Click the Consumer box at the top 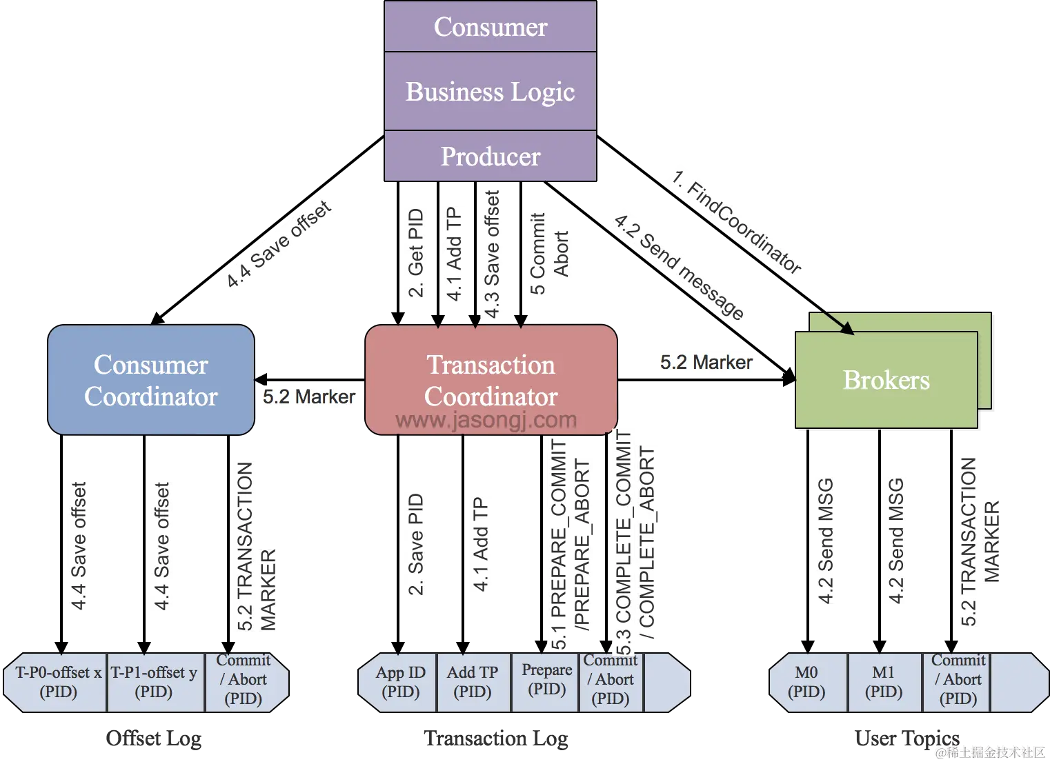pyautogui.click(x=490, y=26)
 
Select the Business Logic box pyautogui.click(x=490, y=91)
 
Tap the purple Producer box pyautogui.click(x=490, y=157)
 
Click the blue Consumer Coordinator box pyautogui.click(x=151, y=380)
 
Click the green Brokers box pyautogui.click(x=886, y=380)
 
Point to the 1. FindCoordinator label pyautogui.click(x=737, y=220)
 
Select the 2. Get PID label pyautogui.click(x=416, y=252)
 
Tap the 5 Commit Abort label pyautogui.click(x=549, y=253)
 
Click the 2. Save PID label pyautogui.click(x=416, y=543)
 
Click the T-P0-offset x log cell pyautogui.click(x=59, y=682)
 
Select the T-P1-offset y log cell pyautogui.click(x=154, y=682)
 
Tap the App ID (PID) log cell pyautogui.click(x=401, y=682)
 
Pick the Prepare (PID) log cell pyautogui.click(x=546, y=679)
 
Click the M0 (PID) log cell pyautogui.click(x=806, y=682)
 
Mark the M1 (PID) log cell pyautogui.click(x=883, y=682)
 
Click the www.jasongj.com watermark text pyautogui.click(x=486, y=420)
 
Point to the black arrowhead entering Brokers pyautogui.click(x=847, y=329)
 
